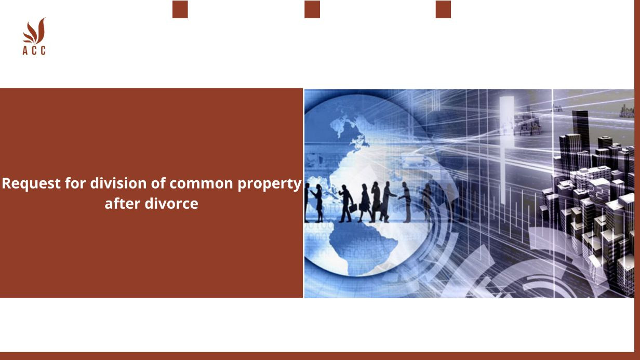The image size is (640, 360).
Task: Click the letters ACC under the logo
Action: (x=34, y=50)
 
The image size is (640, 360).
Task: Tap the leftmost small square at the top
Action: (x=180, y=9)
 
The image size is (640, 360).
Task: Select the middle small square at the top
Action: (x=312, y=9)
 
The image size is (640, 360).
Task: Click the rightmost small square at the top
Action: (x=443, y=9)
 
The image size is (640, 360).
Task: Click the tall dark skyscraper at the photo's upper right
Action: (x=580, y=127)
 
